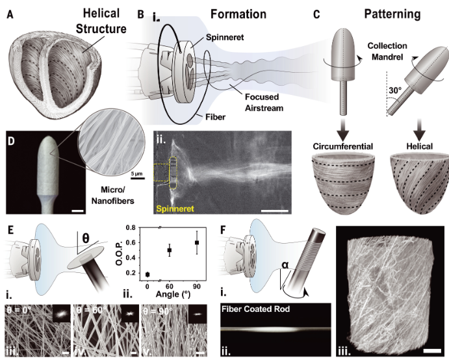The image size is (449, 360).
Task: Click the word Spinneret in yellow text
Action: coord(175,209)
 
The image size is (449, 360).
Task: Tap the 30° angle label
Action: coord(395,90)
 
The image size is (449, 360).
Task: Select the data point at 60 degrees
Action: coord(170,250)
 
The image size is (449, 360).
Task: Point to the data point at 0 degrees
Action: coord(148,275)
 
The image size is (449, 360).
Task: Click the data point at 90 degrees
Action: coord(197,242)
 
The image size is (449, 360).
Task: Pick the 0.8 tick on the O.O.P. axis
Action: coord(131,227)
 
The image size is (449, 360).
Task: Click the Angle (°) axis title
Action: coord(173,294)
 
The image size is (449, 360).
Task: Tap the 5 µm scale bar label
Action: coord(137,174)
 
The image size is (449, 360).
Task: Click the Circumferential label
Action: coord(343,146)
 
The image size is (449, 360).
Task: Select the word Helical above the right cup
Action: coord(420,146)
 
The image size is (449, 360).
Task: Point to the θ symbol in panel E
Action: coord(85,238)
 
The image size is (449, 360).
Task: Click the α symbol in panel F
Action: coord(285,265)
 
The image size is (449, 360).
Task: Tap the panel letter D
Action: coord(11,141)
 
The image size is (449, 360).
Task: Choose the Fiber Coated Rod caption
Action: coord(256,309)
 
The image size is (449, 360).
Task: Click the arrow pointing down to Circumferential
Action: coord(342,128)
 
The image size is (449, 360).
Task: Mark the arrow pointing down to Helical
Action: coord(420,128)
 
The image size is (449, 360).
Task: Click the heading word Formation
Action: coord(238,14)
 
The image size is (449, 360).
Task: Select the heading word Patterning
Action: coord(392,14)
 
